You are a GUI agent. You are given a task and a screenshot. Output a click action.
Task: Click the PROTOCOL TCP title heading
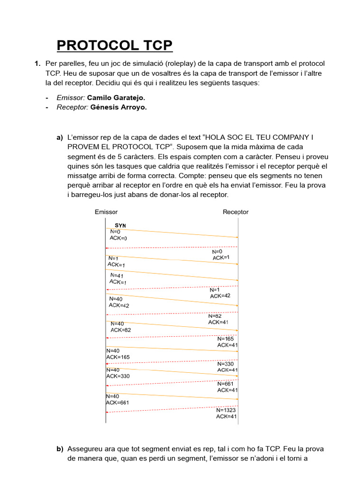click(x=115, y=45)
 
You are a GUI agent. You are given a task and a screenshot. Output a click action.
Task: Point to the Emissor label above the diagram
click(x=106, y=212)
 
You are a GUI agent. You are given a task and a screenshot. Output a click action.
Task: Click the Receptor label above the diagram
click(x=236, y=212)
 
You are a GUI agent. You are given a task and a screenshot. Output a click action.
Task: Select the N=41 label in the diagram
click(x=117, y=275)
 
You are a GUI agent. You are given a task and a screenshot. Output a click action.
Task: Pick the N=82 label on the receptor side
click(x=216, y=316)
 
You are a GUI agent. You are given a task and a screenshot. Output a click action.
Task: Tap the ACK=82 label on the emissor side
click(x=121, y=330)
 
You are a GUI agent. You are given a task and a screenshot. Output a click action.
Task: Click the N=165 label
click(x=226, y=339)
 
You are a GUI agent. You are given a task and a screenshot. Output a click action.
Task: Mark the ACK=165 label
click(x=118, y=357)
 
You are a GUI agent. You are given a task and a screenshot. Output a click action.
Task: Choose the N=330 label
click(x=226, y=364)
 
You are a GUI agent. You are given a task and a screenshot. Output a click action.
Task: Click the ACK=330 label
click(x=118, y=376)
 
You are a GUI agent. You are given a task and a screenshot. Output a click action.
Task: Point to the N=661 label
click(x=226, y=384)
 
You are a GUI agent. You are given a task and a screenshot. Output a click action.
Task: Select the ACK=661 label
click(x=118, y=403)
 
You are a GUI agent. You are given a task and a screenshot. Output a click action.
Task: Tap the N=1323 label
click(x=227, y=410)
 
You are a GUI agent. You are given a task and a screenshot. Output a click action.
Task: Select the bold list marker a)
click(x=60, y=137)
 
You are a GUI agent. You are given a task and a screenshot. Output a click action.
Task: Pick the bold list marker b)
click(x=60, y=449)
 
